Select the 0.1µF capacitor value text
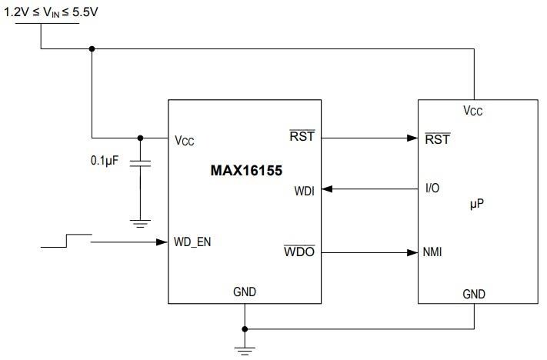coord(105,162)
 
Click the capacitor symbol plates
coord(140,164)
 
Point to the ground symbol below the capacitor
coord(140,223)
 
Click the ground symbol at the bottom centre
coord(245,351)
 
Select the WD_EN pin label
coord(193,242)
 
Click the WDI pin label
coord(303,189)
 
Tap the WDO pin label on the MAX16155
coord(299,252)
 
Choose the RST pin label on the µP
coord(437,139)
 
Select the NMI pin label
coord(432,252)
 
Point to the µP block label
coord(476,206)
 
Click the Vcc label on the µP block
coord(473,111)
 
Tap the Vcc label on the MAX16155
coord(185,141)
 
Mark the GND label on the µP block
coord(474,294)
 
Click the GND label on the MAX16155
coord(245,292)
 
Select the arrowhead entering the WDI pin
coord(327,189)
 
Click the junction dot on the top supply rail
coord(92,49)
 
